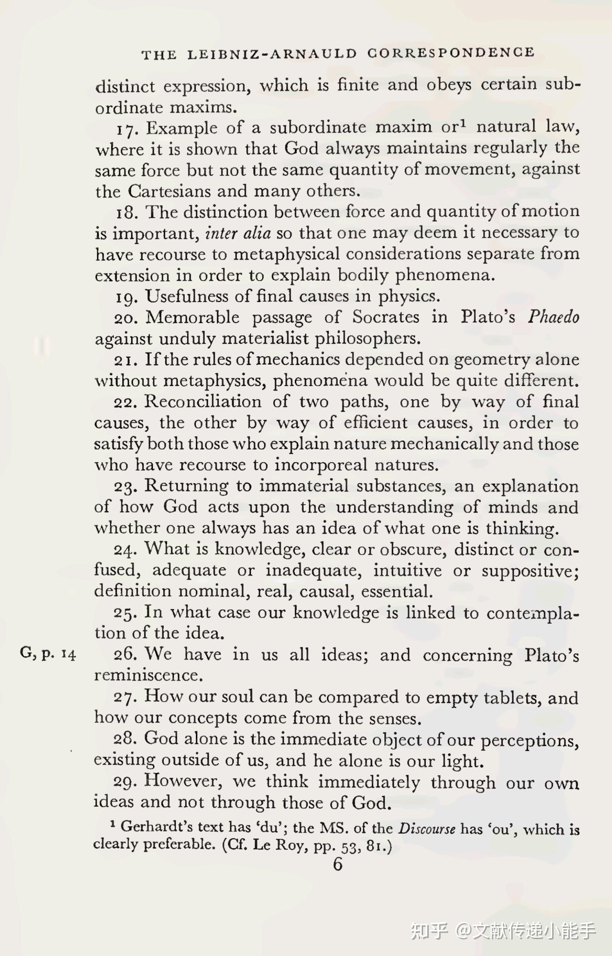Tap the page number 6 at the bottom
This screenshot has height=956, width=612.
[x=338, y=864]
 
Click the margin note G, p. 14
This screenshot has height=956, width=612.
[x=48, y=654]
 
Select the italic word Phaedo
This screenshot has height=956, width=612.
[x=553, y=317]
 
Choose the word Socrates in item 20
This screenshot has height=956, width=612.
[x=385, y=317]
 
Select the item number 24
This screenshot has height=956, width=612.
[x=125, y=550]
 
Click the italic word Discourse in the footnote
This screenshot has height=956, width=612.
[x=426, y=829]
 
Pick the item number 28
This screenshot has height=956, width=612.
[x=125, y=739]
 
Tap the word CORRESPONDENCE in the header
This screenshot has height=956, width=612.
[x=451, y=53]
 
